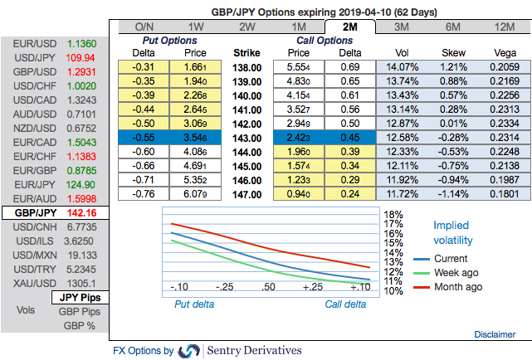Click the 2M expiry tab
[350, 27]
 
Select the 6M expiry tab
[453, 27]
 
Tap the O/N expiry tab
[144, 27]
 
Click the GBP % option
[80, 326]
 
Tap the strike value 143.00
[246, 137]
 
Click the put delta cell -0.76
[144, 193]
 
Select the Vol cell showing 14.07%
[400, 66]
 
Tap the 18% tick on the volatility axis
[394, 215]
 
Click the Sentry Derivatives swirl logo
[189, 351]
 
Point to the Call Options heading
[324, 40]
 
